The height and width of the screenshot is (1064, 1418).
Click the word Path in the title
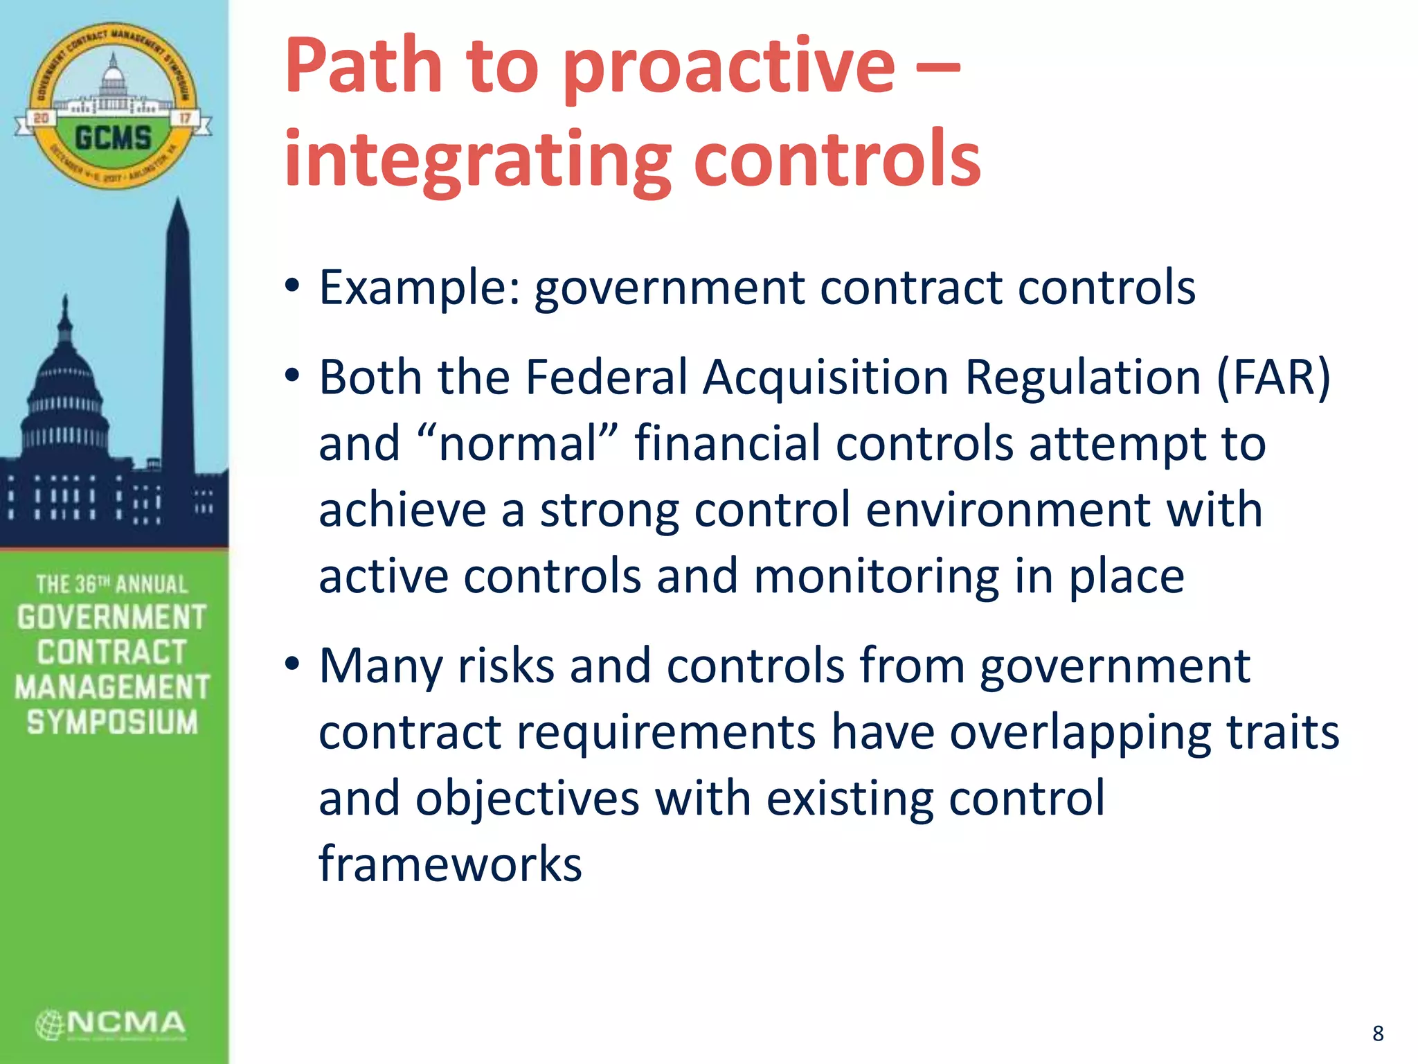click(x=363, y=66)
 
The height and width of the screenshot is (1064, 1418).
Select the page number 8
click(x=1378, y=1033)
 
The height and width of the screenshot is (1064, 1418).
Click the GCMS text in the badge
click(x=113, y=138)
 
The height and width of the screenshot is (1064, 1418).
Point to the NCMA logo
click(x=111, y=1025)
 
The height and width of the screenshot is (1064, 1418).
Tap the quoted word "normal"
click(x=517, y=443)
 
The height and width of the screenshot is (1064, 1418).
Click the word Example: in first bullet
click(x=419, y=287)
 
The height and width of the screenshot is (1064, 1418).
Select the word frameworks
click(x=450, y=864)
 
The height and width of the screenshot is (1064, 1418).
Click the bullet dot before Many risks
click(x=292, y=663)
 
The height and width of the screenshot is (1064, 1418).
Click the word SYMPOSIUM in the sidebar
click(x=112, y=722)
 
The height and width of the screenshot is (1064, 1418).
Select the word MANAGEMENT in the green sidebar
click(x=112, y=687)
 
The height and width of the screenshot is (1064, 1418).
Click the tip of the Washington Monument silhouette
click(x=179, y=201)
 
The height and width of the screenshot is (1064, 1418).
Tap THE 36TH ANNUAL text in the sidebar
click(x=112, y=584)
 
